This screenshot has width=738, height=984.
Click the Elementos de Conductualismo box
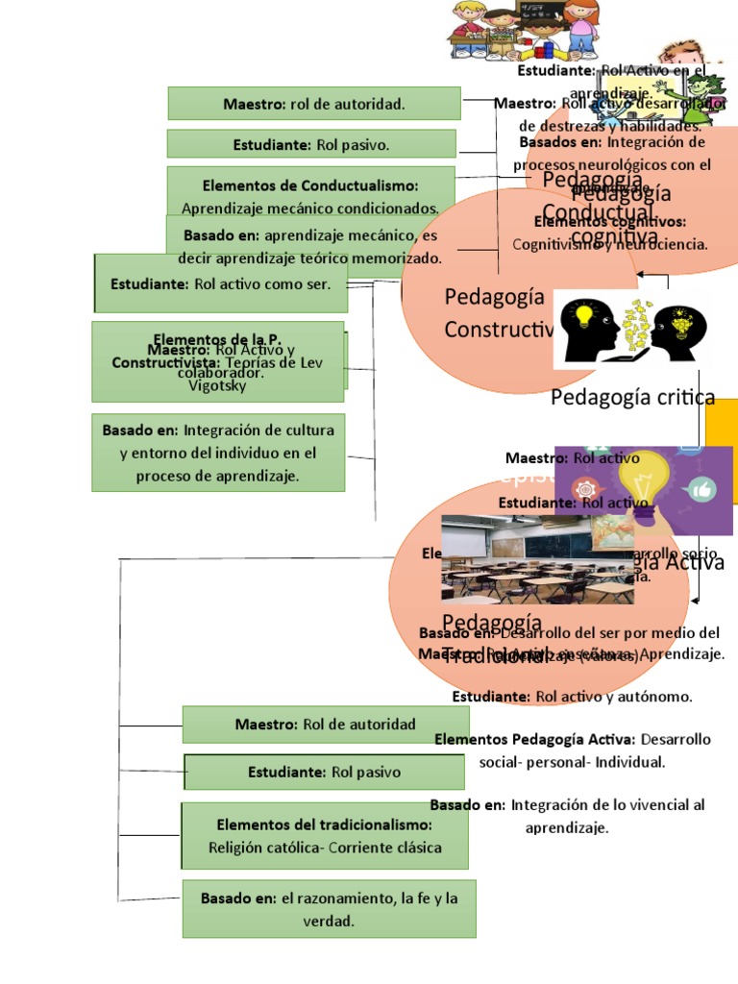coord(310,195)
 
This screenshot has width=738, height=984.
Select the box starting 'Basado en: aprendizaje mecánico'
coord(310,246)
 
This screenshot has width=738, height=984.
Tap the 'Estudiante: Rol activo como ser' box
coord(221,283)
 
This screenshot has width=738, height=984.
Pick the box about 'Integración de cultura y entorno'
coord(218,453)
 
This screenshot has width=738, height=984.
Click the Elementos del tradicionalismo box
coord(325,836)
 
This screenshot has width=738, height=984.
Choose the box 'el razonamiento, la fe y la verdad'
coord(329,909)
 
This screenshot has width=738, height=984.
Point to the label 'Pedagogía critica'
coord(632,397)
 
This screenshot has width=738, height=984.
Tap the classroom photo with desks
coord(537,559)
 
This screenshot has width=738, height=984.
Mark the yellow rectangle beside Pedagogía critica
coord(722,423)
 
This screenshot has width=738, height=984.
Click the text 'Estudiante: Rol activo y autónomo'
coord(572,697)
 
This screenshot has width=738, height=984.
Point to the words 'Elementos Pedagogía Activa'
coord(534,739)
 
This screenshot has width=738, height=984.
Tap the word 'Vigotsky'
coord(218,386)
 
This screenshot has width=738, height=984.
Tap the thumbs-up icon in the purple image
coord(702,490)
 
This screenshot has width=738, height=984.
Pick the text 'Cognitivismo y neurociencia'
coord(609,244)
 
